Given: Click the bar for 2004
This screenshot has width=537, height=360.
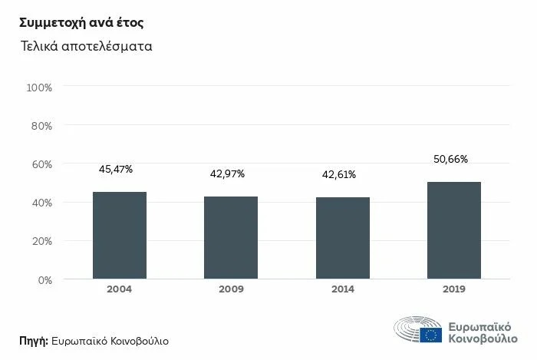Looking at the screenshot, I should pyautogui.click(x=120, y=236).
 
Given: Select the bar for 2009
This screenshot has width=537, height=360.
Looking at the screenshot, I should pyautogui.click(x=231, y=238).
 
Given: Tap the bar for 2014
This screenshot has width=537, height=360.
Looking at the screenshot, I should pyautogui.click(x=342, y=238).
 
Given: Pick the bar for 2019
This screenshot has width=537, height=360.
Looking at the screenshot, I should pyautogui.click(x=453, y=230).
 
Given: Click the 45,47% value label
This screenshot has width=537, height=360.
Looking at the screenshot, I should pyautogui.click(x=116, y=170).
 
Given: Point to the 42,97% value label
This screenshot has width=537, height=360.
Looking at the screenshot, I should pyautogui.click(x=227, y=174).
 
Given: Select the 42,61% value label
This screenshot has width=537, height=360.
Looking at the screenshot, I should pyautogui.click(x=338, y=175).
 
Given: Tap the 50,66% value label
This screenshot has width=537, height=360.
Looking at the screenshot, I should pyautogui.click(x=450, y=160).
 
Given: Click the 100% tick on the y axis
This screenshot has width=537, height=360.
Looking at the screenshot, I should pyautogui.click(x=39, y=88).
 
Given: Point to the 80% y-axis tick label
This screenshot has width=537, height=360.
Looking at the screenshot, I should pyautogui.click(x=41, y=125).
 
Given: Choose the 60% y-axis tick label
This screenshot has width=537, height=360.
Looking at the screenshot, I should pyautogui.click(x=41, y=164).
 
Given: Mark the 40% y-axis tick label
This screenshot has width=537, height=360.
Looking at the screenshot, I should pyautogui.click(x=41, y=203).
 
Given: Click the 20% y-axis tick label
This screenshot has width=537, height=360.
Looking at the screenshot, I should pyautogui.click(x=41, y=241).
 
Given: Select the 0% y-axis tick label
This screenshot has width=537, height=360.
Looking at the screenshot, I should pyautogui.click(x=44, y=279).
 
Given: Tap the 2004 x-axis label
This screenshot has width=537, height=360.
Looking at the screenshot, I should pyautogui.click(x=120, y=289).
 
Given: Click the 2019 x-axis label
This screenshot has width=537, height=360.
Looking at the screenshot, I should pyautogui.click(x=453, y=289).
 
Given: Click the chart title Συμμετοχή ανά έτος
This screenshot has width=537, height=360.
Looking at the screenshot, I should pyautogui.click(x=71, y=21).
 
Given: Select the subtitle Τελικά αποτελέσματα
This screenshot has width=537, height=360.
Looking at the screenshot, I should pyautogui.click(x=87, y=46).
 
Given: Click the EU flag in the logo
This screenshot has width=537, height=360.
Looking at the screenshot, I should pyautogui.click(x=430, y=335).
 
